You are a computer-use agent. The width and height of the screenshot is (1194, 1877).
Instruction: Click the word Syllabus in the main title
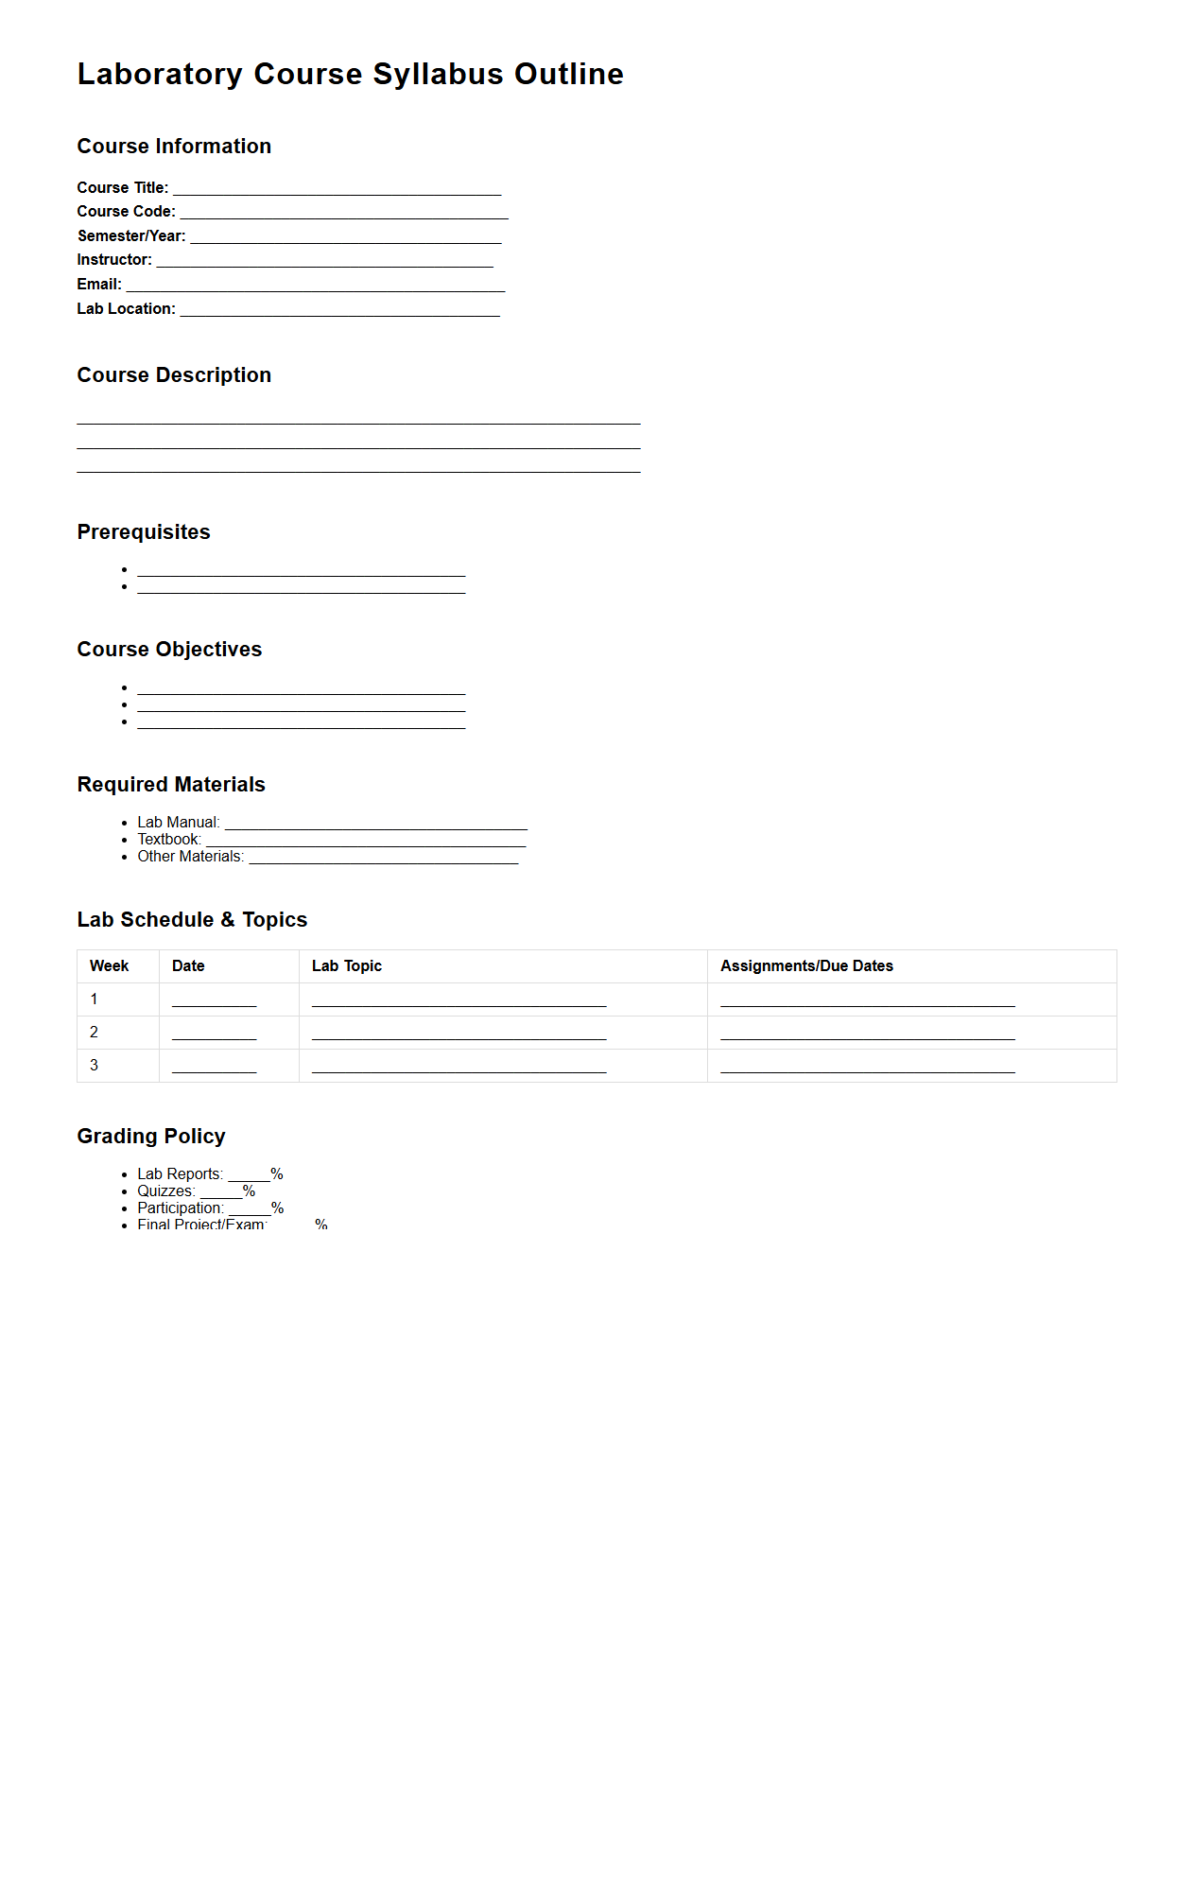point(438,75)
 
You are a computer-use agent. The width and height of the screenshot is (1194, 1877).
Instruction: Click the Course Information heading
point(174,147)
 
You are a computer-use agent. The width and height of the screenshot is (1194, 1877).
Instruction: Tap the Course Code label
point(126,212)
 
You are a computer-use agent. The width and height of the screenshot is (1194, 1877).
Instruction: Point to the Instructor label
point(114,260)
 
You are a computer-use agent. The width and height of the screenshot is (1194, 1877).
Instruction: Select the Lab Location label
point(126,309)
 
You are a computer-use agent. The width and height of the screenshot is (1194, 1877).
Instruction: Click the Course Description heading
point(174,375)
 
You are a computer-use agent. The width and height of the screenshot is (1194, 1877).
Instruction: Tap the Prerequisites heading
point(144,532)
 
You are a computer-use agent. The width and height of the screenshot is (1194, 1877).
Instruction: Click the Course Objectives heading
point(169,650)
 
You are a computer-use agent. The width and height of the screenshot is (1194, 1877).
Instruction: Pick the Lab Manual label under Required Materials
point(178,823)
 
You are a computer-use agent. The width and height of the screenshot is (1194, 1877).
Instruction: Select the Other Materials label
point(190,857)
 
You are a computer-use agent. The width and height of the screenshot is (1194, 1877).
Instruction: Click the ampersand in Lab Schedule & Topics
point(228,920)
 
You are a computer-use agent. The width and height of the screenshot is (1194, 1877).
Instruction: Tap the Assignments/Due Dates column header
point(806,966)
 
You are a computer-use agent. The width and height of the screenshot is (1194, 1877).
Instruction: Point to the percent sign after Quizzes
point(250,1191)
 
